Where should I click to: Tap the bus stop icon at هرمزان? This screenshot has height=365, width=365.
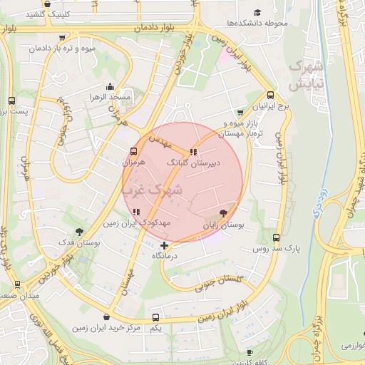click(x=133, y=152)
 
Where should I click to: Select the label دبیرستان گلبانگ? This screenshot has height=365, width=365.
click(x=193, y=163)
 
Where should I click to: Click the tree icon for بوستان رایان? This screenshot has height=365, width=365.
click(x=224, y=212)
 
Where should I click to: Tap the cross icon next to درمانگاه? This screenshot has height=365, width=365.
click(x=165, y=246)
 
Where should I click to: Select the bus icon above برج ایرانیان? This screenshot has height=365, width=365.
click(x=271, y=96)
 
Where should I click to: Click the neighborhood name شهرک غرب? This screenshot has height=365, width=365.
click(x=153, y=190)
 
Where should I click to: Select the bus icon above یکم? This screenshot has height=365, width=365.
click(x=156, y=317)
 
